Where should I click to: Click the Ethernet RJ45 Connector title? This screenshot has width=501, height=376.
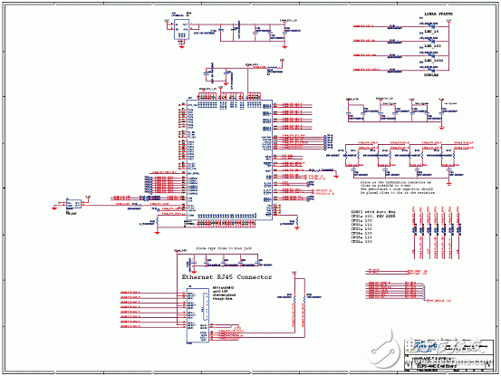(x=226, y=275)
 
